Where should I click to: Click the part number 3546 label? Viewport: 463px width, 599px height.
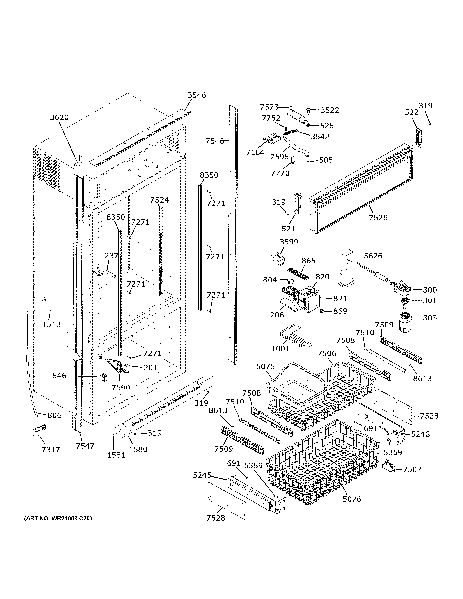[x=197, y=95]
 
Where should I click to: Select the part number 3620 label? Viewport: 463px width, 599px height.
[x=59, y=117]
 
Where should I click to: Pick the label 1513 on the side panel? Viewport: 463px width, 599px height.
[x=51, y=324]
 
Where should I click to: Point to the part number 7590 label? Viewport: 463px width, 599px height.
[x=121, y=388]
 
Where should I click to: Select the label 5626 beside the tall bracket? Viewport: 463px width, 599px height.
[x=373, y=256]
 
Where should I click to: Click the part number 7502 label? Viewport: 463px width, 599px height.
[x=412, y=469]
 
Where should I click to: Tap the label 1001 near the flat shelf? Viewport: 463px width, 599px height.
[x=280, y=349]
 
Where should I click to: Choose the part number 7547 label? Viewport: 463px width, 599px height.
[x=85, y=446]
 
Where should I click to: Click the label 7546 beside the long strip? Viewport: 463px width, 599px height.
[x=215, y=141]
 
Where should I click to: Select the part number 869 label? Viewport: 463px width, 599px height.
[x=340, y=311]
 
